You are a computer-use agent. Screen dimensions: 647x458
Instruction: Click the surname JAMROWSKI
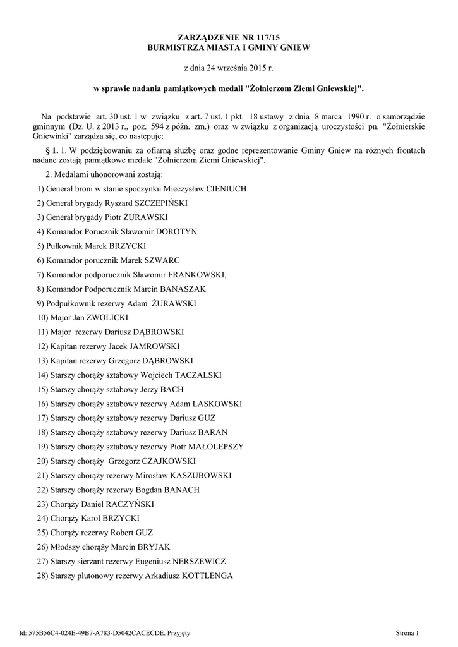click(154, 346)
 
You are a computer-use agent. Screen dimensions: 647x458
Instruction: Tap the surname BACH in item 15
click(171, 389)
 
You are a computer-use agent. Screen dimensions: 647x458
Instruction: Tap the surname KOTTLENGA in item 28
click(205, 576)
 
